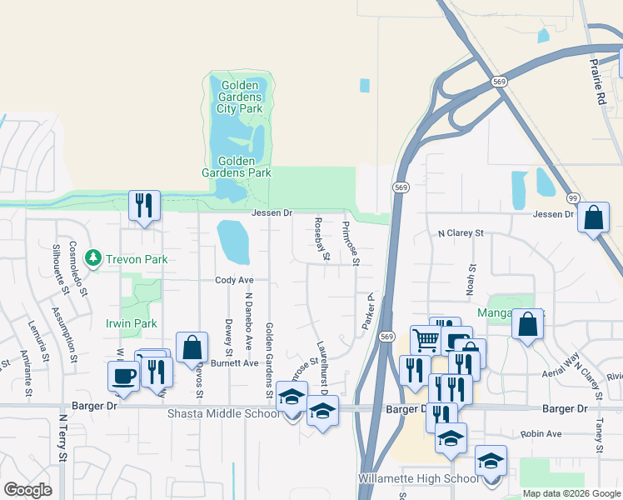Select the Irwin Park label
click(x=132, y=323)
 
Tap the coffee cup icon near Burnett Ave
click(x=123, y=375)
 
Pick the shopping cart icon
click(x=426, y=339)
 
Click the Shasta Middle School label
click(x=223, y=413)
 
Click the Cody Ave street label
click(x=234, y=281)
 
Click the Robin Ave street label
click(x=541, y=434)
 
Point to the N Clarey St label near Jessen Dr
click(x=461, y=234)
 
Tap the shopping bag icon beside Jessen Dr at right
click(x=593, y=218)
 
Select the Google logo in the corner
click(x=27, y=490)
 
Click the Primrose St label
click(x=351, y=242)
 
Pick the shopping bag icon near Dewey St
click(x=192, y=347)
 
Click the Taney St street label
click(x=599, y=435)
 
